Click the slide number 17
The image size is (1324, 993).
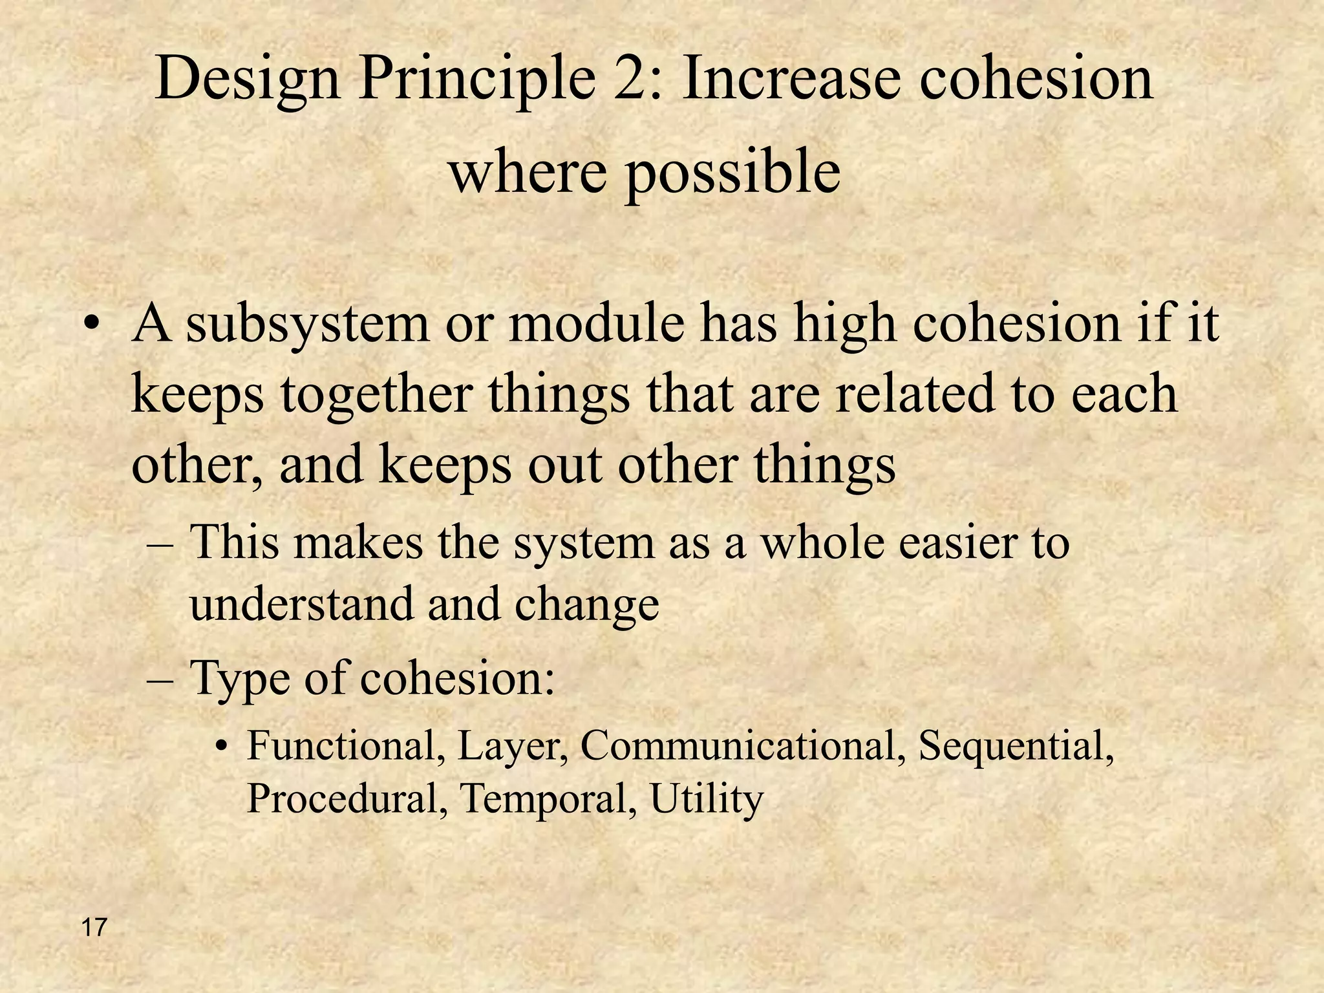click(94, 928)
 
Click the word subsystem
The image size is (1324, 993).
click(308, 325)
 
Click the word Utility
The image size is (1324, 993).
click(707, 800)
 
